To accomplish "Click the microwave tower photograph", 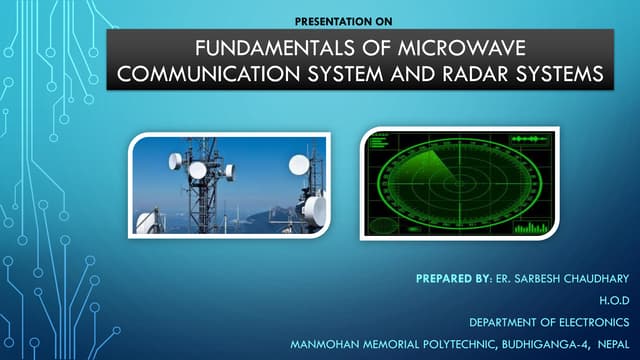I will pos(230,181).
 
